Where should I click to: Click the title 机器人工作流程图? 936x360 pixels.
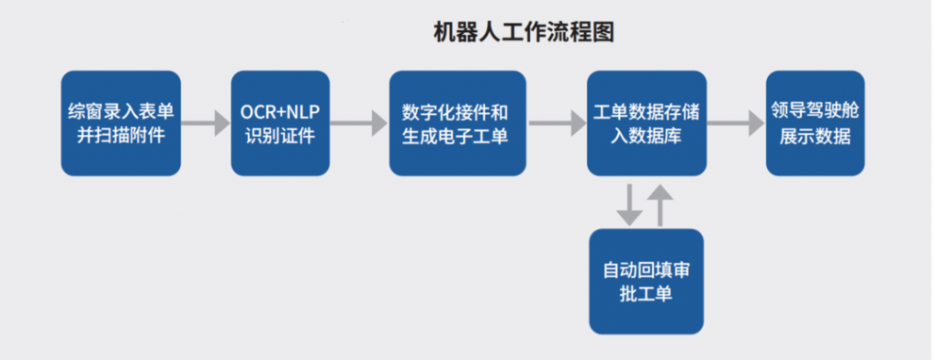click(x=523, y=33)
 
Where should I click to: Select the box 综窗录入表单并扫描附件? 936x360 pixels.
click(x=121, y=123)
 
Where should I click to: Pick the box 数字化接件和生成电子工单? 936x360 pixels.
click(x=457, y=123)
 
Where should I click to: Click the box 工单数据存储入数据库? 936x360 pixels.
click(x=645, y=123)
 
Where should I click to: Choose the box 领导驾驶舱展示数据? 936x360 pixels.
click(x=814, y=123)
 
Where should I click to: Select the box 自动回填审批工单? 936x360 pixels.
click(x=646, y=281)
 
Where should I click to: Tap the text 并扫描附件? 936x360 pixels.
click(x=121, y=136)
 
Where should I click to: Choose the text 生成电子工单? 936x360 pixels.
click(x=457, y=136)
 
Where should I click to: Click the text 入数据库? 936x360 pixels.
click(x=645, y=136)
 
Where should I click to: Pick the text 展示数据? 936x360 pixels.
click(x=814, y=137)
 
